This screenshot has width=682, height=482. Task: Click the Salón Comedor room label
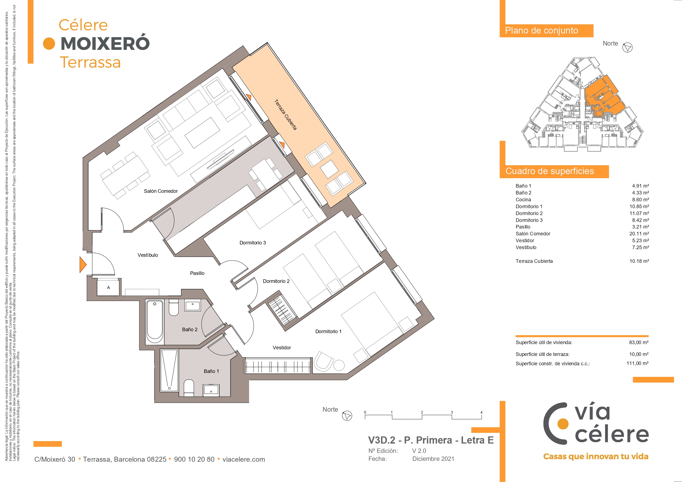[x=161, y=191]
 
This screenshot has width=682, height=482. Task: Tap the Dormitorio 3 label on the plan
[x=253, y=243]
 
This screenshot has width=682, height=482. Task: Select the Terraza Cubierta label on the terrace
[x=285, y=115]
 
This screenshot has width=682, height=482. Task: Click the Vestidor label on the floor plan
[x=282, y=347]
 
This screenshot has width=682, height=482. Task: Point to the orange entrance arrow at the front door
[x=83, y=264]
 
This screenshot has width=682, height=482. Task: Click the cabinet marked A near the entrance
[x=109, y=288]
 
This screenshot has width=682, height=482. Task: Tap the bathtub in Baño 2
[x=155, y=321]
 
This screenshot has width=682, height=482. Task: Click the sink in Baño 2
[x=192, y=305]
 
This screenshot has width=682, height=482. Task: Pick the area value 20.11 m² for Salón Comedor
[x=639, y=234]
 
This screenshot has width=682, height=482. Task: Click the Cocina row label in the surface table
[x=523, y=200]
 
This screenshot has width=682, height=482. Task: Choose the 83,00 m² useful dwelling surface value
[x=639, y=342]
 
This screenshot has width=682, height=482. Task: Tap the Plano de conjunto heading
[x=541, y=30]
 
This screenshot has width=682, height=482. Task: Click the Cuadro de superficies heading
[x=550, y=171]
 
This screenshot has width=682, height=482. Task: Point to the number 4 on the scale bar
[x=481, y=412]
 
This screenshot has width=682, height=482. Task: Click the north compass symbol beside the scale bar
[x=347, y=416]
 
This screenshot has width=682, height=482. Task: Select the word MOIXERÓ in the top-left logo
[x=105, y=43]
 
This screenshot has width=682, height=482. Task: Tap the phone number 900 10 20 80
[x=194, y=459]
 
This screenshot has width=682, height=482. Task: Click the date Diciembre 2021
[x=433, y=459]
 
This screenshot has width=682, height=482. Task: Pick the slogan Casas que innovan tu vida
[x=595, y=456]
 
